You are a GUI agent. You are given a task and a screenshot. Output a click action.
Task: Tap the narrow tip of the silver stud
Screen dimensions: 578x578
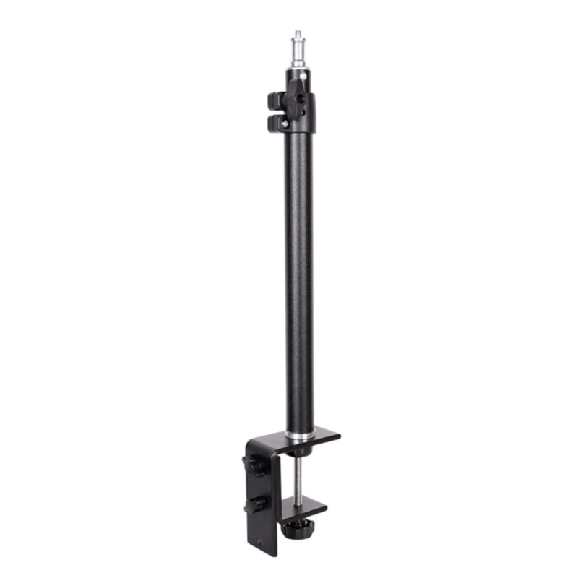click(x=298, y=33)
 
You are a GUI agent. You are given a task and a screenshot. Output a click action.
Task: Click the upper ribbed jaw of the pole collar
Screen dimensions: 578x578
click(x=275, y=100)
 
